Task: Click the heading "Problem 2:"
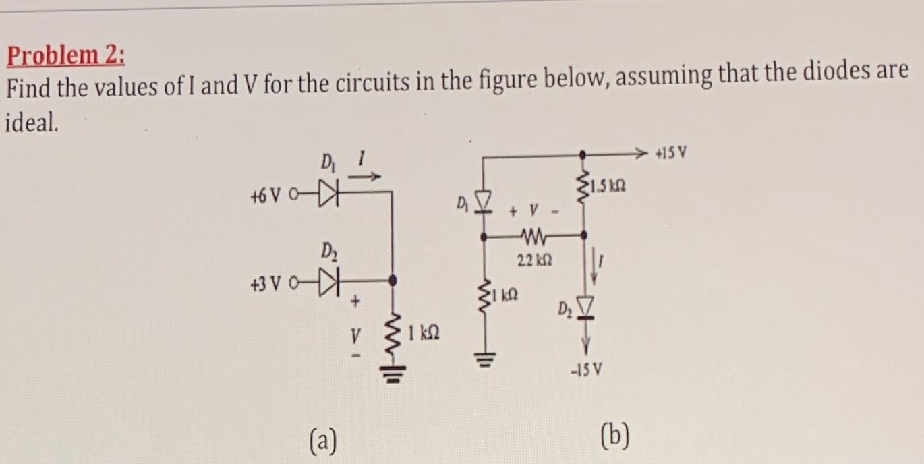(x=65, y=55)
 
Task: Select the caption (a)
(x=322, y=442)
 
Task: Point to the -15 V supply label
(x=584, y=370)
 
